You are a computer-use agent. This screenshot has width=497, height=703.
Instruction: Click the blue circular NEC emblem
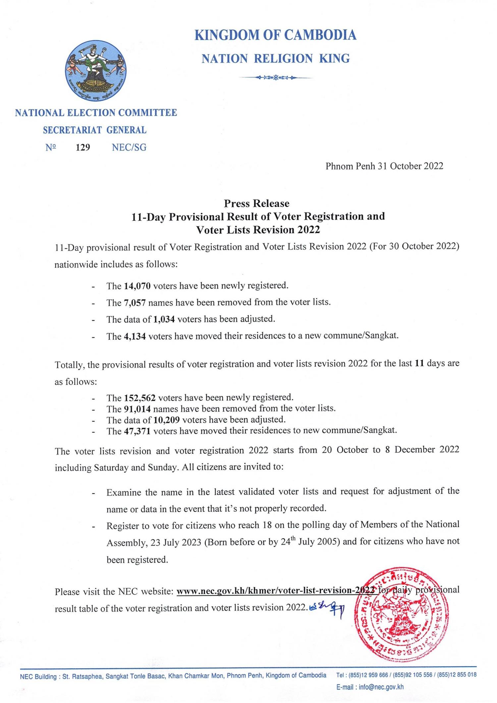tap(95, 71)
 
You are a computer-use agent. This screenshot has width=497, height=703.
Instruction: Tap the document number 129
tap(83, 147)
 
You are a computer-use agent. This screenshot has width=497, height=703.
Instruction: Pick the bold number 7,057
tap(135, 303)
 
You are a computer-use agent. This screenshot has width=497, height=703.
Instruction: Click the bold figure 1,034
tap(165, 319)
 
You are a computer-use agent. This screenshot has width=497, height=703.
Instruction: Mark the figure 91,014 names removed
tap(137, 409)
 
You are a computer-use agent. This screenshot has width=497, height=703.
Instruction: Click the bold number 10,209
tap(167, 420)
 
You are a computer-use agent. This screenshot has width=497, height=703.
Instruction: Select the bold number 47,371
tap(137, 431)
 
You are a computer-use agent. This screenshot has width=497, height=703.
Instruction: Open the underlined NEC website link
tap(276, 590)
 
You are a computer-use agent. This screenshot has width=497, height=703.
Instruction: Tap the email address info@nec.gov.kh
tap(381, 687)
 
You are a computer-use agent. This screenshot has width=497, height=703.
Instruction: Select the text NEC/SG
tap(129, 147)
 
